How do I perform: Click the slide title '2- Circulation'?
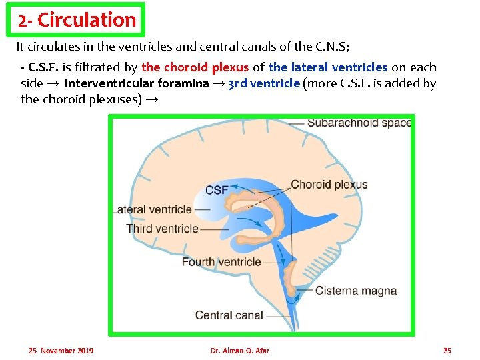coord(77,20)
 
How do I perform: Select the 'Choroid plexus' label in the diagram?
coord(329,185)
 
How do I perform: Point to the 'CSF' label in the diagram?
coord(217,190)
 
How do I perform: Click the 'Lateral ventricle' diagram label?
coord(154,209)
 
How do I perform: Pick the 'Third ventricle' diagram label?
coord(162,229)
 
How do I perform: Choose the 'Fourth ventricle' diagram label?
coord(221,261)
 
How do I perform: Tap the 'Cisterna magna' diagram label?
coord(356,291)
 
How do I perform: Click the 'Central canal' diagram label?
coord(229,315)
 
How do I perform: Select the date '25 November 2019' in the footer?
coord(61,351)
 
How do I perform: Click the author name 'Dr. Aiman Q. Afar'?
coord(239,351)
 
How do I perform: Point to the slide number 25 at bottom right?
coord(447,351)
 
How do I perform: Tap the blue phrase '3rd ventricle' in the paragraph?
coord(264,83)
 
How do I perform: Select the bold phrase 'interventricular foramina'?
coord(137,83)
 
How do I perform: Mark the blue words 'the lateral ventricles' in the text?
coord(328,67)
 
